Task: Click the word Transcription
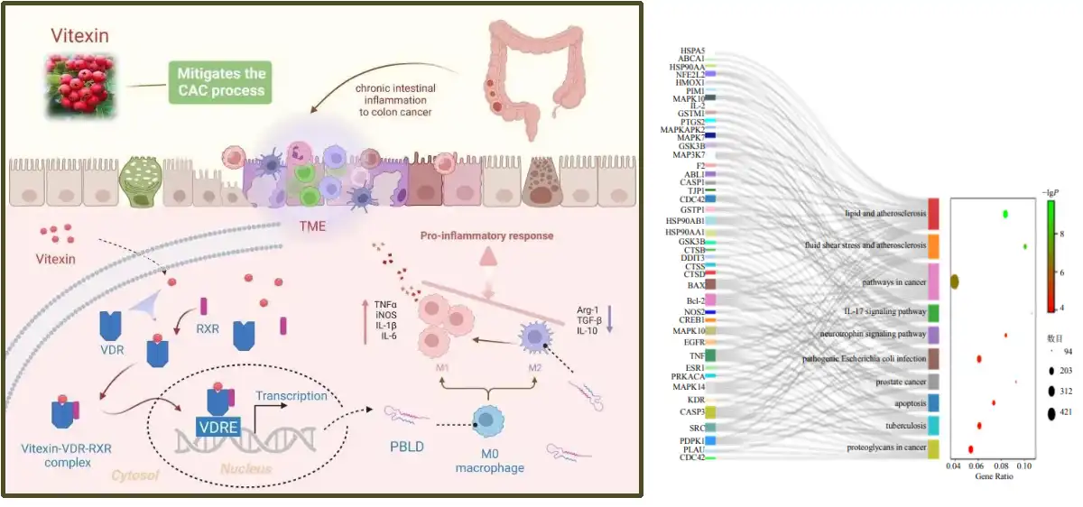[x=291, y=396]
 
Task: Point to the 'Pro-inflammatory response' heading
[x=486, y=236]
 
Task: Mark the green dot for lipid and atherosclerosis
[x=1005, y=215]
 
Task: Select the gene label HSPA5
[x=693, y=51]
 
